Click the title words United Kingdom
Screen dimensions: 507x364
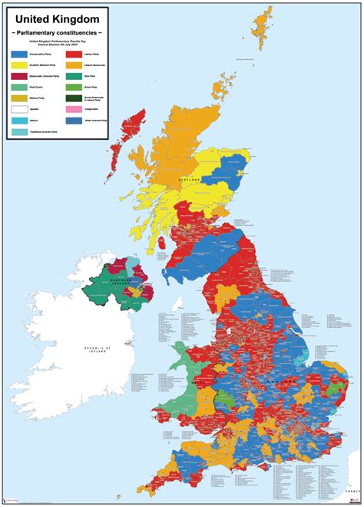click(x=58, y=18)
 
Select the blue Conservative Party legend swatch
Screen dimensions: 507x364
click(x=20, y=55)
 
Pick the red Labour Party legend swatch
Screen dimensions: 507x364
click(x=73, y=55)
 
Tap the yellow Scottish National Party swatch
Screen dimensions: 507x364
click(x=20, y=66)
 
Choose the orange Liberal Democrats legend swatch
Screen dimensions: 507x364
click(x=73, y=66)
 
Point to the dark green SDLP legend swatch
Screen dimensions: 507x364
click(x=73, y=98)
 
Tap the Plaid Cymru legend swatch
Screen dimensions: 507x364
click(x=20, y=88)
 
